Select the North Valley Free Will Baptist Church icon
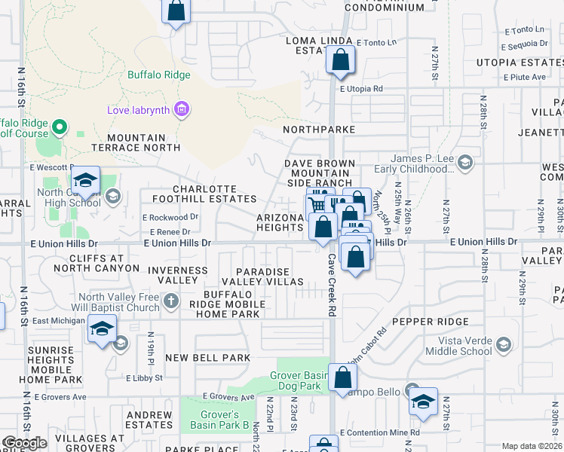click(x=171, y=302)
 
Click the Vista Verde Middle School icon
click(x=503, y=345)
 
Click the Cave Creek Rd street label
click(x=331, y=285)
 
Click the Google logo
click(x=25, y=443)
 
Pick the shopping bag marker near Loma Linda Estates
click(x=340, y=60)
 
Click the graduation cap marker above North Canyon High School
click(x=86, y=181)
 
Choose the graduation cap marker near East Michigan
click(x=102, y=328)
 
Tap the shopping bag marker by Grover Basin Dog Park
click(x=342, y=379)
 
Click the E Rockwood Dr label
click(x=170, y=217)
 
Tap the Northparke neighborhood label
click(x=319, y=130)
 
